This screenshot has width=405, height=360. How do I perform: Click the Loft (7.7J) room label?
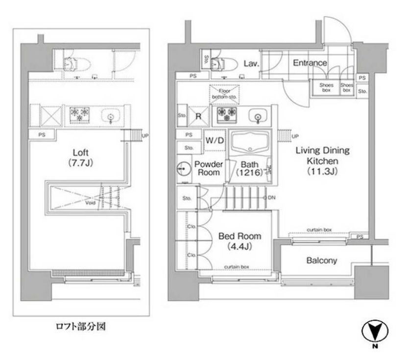(79, 157)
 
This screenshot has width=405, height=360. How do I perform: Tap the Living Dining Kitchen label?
(317, 160)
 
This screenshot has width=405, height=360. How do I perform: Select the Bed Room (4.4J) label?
(240, 241)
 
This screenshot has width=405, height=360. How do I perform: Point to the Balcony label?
(321, 261)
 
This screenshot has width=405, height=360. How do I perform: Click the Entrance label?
(310, 63)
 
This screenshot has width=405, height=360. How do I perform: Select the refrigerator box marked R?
(199, 116)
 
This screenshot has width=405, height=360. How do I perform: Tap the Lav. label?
(251, 64)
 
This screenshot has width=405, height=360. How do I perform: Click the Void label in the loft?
(90, 201)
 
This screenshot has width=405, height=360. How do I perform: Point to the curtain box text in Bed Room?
(237, 266)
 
